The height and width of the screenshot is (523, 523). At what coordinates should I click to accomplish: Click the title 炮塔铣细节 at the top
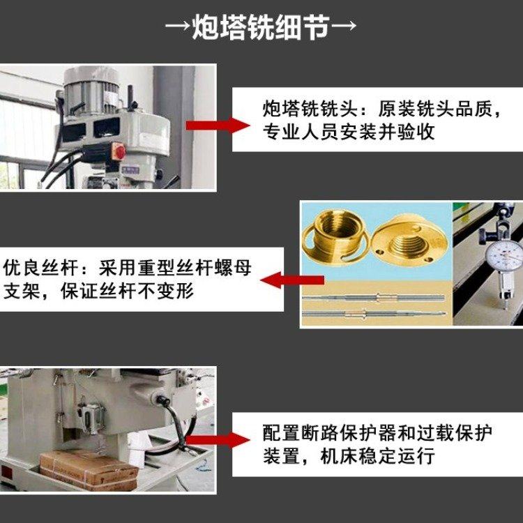click(x=261, y=27)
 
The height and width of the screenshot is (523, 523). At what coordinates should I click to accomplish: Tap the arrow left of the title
click(x=178, y=26)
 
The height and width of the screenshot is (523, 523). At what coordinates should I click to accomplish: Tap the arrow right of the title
click(x=344, y=26)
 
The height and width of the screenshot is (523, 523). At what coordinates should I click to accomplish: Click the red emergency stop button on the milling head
click(x=119, y=151)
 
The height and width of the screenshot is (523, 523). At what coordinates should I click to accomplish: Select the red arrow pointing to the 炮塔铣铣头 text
click(x=218, y=126)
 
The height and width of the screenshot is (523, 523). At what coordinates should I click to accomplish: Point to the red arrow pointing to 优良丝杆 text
click(x=292, y=280)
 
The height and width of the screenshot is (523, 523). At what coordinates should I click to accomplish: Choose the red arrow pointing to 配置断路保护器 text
click(x=218, y=439)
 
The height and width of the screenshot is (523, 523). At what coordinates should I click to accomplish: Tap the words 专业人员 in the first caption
click(x=301, y=132)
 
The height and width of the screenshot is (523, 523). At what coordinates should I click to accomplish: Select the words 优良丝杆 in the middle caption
click(x=40, y=268)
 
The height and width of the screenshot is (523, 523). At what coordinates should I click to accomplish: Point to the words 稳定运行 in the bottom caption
click(x=397, y=456)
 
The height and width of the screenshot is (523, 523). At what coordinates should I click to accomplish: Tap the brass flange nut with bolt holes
click(x=409, y=239)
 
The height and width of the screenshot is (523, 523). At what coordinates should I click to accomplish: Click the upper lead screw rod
click(x=374, y=298)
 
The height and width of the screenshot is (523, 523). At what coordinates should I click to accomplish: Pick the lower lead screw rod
click(x=374, y=313)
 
